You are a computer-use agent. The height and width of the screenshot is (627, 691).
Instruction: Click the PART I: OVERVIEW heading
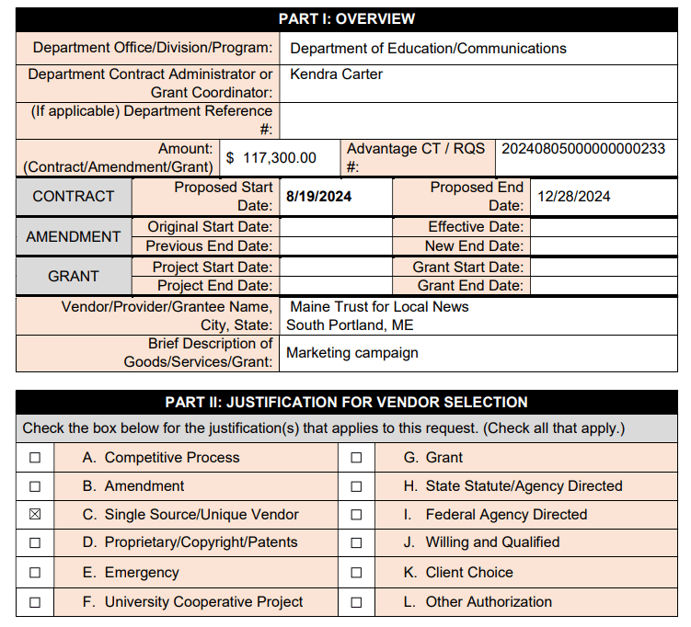(346, 18)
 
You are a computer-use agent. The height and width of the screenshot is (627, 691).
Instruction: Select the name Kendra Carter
(336, 74)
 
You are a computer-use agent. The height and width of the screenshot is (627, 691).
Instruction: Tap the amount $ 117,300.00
(271, 158)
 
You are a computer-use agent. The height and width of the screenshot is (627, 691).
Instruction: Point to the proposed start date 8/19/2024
(318, 197)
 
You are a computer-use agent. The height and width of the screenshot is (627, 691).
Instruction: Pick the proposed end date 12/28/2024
(573, 197)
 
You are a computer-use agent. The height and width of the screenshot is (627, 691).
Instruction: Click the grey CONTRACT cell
(74, 197)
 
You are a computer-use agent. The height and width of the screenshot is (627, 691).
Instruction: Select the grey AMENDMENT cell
(74, 236)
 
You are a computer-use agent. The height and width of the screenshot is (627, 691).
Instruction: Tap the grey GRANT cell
(74, 276)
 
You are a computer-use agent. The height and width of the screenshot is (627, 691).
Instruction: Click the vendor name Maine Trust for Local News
(379, 307)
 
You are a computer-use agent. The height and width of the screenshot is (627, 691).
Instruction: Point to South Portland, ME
(350, 325)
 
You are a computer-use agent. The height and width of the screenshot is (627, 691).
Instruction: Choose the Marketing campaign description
(352, 353)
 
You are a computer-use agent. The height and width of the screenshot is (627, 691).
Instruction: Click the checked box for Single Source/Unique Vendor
(35, 515)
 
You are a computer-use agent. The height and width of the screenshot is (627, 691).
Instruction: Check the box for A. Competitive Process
(35, 458)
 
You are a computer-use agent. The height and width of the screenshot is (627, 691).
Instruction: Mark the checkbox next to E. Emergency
(35, 573)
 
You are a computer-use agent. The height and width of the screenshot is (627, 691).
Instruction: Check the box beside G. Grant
(356, 458)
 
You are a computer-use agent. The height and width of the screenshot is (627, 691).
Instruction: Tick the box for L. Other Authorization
(356, 603)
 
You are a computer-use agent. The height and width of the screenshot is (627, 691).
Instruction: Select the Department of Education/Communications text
(428, 49)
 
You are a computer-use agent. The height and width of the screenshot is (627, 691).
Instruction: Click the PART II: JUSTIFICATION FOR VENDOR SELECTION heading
(346, 403)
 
